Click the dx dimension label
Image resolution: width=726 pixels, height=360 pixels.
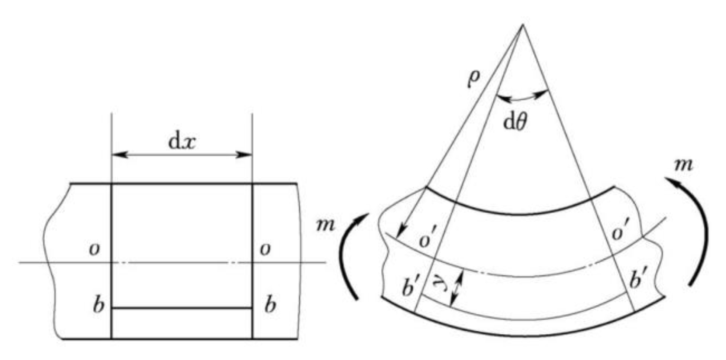point(182,142)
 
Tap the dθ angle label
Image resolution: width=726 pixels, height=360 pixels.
point(515,122)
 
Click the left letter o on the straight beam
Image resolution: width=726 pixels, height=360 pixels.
point(94,249)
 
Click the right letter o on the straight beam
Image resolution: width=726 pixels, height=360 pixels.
point(265,249)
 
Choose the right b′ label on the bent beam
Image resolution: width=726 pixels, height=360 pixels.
point(638,279)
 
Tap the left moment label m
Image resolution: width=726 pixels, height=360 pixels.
point(325,225)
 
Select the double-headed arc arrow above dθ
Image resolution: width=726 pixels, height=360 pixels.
point(522,97)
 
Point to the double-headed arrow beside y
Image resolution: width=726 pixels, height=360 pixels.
point(457,288)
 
